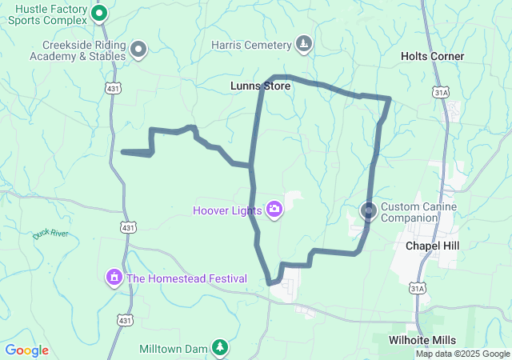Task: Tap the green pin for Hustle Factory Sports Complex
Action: (99, 13)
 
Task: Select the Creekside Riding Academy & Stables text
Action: (78, 51)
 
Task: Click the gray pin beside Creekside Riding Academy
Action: (138, 50)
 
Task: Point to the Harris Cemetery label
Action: (249, 45)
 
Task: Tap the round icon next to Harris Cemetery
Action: (303, 43)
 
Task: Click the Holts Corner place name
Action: (432, 56)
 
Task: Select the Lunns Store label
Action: (259, 85)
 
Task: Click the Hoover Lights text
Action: (227, 211)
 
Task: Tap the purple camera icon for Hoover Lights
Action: (274, 210)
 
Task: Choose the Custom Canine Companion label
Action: (418, 212)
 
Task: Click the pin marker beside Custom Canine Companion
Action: (369, 211)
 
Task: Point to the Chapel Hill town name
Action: (432, 245)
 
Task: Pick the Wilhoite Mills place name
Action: (422, 340)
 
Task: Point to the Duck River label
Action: (52, 234)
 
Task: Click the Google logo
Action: (26, 350)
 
